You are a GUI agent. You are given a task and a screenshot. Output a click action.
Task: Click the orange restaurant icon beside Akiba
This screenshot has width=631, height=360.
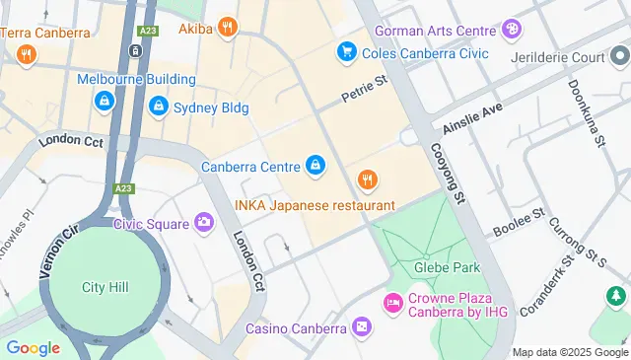click(228, 27)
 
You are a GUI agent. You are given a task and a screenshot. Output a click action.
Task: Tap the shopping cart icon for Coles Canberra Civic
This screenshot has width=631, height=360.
click(345, 51)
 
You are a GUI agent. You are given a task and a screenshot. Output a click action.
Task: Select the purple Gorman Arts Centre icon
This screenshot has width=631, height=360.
click(511, 30)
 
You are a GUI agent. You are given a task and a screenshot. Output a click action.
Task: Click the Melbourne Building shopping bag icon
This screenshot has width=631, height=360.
click(104, 100)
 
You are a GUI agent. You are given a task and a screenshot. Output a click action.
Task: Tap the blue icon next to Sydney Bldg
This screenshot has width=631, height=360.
click(158, 106)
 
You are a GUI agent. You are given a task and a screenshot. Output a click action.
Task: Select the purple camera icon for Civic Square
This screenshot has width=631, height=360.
click(204, 223)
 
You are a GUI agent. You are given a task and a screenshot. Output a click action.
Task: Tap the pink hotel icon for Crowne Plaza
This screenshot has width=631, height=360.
click(392, 301)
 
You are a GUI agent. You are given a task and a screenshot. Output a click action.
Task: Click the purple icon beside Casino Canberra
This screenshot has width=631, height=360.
click(362, 326)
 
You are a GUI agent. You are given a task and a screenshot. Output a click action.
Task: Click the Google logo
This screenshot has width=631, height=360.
click(33, 347)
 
